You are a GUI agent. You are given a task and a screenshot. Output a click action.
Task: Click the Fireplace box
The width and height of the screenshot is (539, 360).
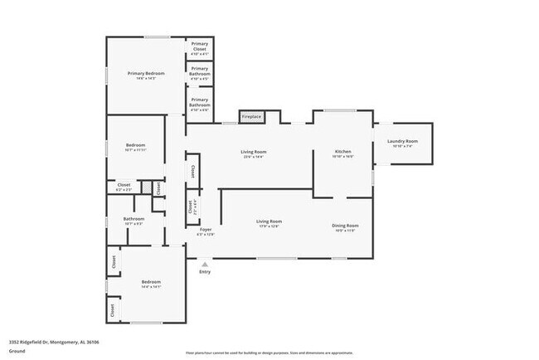point(251,117)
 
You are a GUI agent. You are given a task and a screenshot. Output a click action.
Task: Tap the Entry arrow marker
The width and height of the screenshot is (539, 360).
point(205,264)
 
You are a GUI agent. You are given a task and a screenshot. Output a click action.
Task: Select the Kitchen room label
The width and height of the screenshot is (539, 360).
point(343,153)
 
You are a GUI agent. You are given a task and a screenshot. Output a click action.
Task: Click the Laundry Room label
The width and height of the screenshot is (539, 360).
point(403,144)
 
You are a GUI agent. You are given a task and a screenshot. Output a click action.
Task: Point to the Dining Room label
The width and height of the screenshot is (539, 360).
point(345,227)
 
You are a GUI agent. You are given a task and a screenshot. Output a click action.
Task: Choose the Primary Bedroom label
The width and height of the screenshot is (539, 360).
point(146,75)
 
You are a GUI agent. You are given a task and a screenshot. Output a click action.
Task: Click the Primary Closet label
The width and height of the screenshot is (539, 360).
point(200,47)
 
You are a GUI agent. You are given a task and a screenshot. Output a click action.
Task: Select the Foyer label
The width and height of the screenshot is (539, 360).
point(205,231)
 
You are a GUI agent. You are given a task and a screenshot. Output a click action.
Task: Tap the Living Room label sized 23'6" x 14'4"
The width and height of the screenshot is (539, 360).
point(253,153)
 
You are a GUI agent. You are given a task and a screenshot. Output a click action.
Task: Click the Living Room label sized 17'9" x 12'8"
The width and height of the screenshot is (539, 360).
point(269,223)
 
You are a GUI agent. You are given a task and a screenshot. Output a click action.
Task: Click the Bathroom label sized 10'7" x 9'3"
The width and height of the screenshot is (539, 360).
point(134,221)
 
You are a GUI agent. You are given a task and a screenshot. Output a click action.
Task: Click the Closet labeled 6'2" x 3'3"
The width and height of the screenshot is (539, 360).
point(124,187)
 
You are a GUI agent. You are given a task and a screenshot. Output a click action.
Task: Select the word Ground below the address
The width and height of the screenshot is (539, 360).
point(17,350)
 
